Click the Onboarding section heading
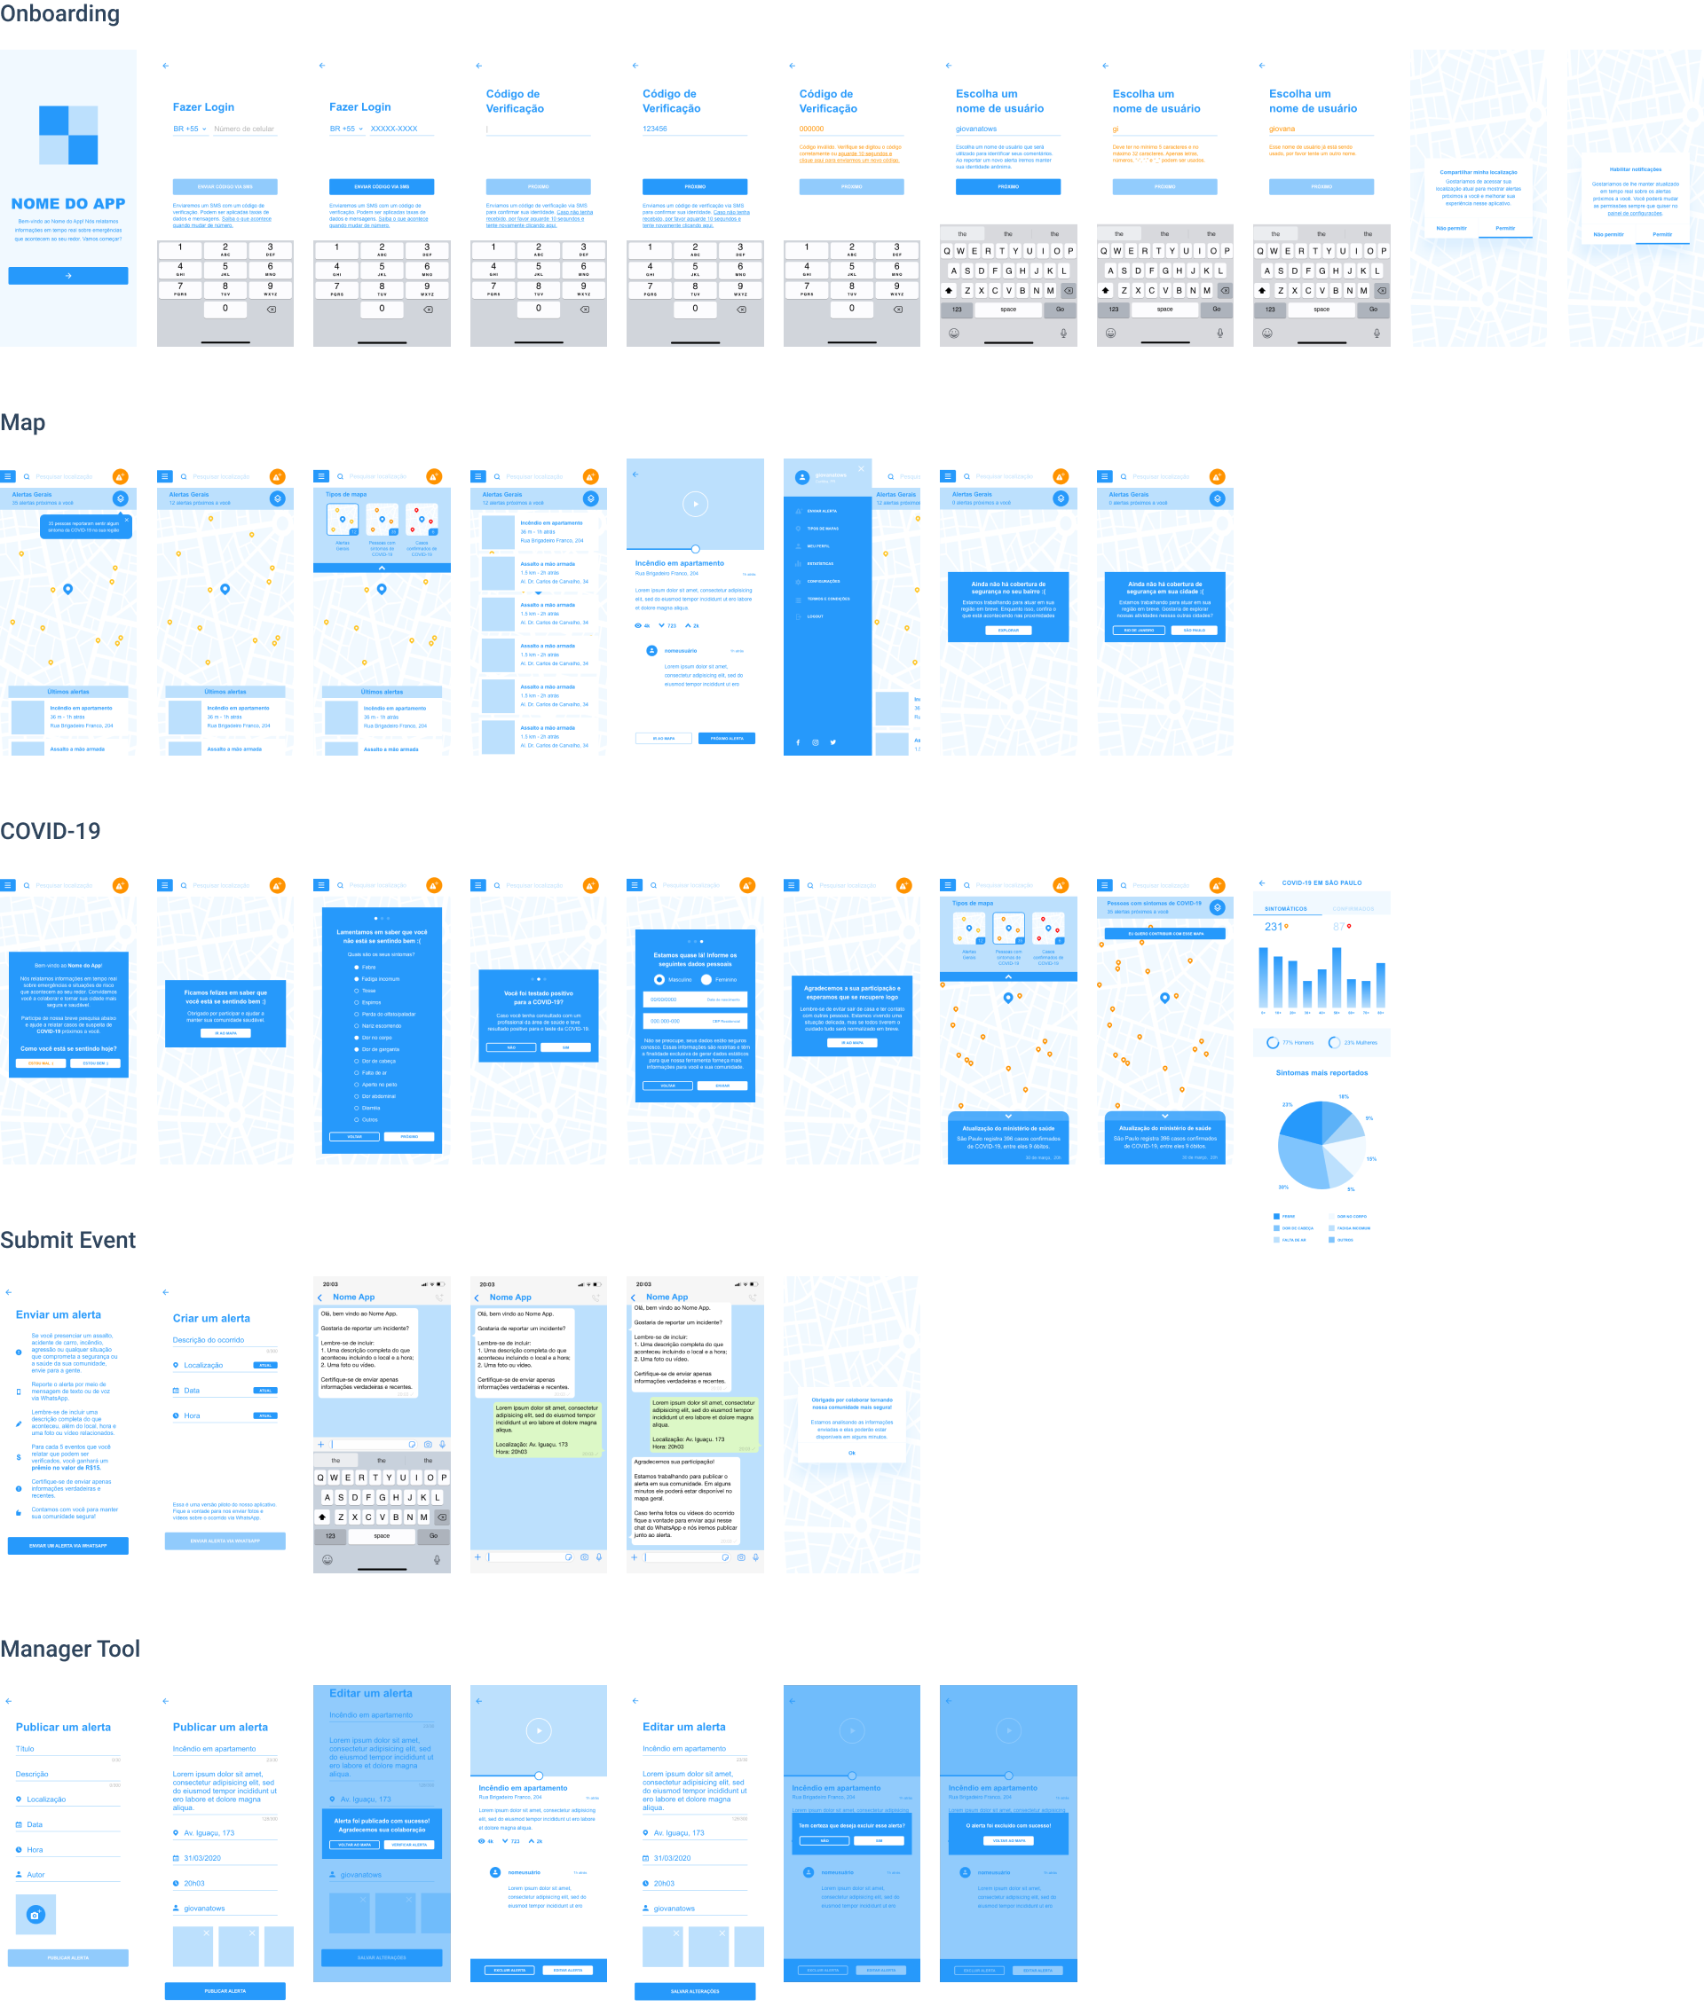tap(59, 13)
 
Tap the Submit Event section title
tap(67, 1240)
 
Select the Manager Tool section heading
tap(69, 1648)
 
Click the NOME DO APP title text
tap(67, 204)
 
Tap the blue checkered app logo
tap(67, 135)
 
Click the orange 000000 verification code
tap(811, 129)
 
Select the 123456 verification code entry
tap(655, 129)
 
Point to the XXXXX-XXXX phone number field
tap(394, 129)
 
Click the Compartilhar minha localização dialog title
tap(1478, 172)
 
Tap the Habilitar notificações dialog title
tap(1636, 169)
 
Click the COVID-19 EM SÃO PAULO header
tap(1321, 882)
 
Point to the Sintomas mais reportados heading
tap(1321, 1072)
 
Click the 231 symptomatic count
tap(1274, 927)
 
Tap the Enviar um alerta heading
tap(58, 1314)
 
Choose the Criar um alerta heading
tap(211, 1318)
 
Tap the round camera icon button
tap(35, 1914)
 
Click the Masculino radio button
tap(659, 979)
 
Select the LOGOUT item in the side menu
tap(816, 616)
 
